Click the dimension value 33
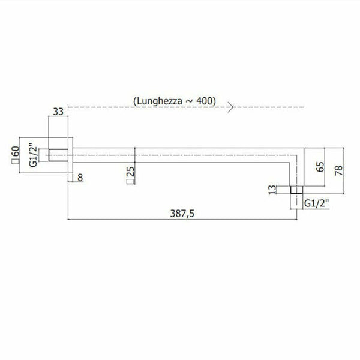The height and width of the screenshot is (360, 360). coord(58,112)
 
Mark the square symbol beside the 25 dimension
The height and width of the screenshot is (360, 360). coord(130,184)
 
